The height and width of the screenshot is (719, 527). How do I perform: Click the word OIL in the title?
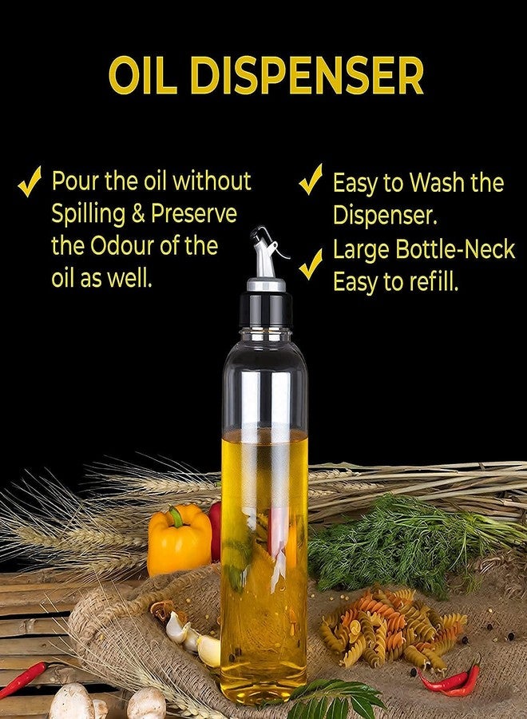[143, 75]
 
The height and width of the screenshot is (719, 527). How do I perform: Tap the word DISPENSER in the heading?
[306, 75]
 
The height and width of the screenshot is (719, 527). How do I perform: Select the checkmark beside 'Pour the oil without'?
[30, 181]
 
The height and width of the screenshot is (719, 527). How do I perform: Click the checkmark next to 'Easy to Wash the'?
[311, 179]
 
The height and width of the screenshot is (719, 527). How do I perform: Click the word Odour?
[122, 246]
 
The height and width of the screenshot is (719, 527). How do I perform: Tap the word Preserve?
[194, 213]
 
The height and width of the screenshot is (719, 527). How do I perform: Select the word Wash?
[436, 182]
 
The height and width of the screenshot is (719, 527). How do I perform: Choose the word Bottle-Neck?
[455, 249]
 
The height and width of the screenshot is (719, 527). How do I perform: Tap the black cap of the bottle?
[266, 309]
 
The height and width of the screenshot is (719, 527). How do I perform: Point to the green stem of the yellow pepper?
[176, 516]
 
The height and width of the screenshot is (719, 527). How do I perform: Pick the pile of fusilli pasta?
[392, 626]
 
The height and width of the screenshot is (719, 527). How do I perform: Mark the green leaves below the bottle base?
[337, 700]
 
